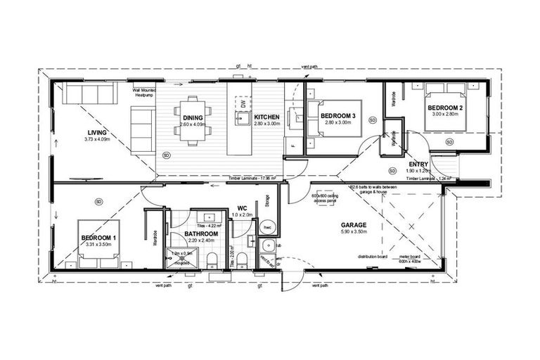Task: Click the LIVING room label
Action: click(96, 132)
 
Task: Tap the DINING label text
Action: click(193, 117)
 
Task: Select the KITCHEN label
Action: click(267, 117)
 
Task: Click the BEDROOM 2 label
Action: click(445, 108)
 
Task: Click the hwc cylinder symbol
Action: click(268, 229)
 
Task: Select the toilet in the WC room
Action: click(242, 262)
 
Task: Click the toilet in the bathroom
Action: click(212, 262)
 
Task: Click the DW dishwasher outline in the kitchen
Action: click(243, 103)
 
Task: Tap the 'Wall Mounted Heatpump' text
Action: click(144, 93)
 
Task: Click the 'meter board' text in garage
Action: click(411, 257)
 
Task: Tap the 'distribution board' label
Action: click(372, 257)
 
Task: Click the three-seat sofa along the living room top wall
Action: click(83, 94)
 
